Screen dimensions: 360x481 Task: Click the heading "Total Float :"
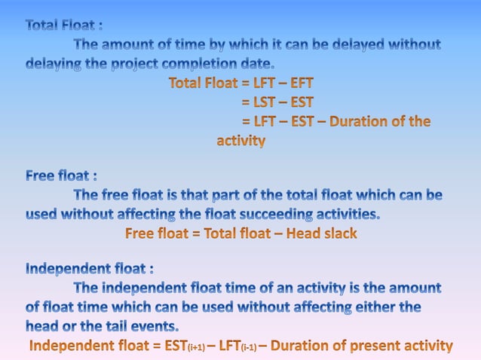coord(64,26)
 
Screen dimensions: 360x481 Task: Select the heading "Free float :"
coord(61,176)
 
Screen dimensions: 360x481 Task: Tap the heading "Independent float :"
coord(90,269)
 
